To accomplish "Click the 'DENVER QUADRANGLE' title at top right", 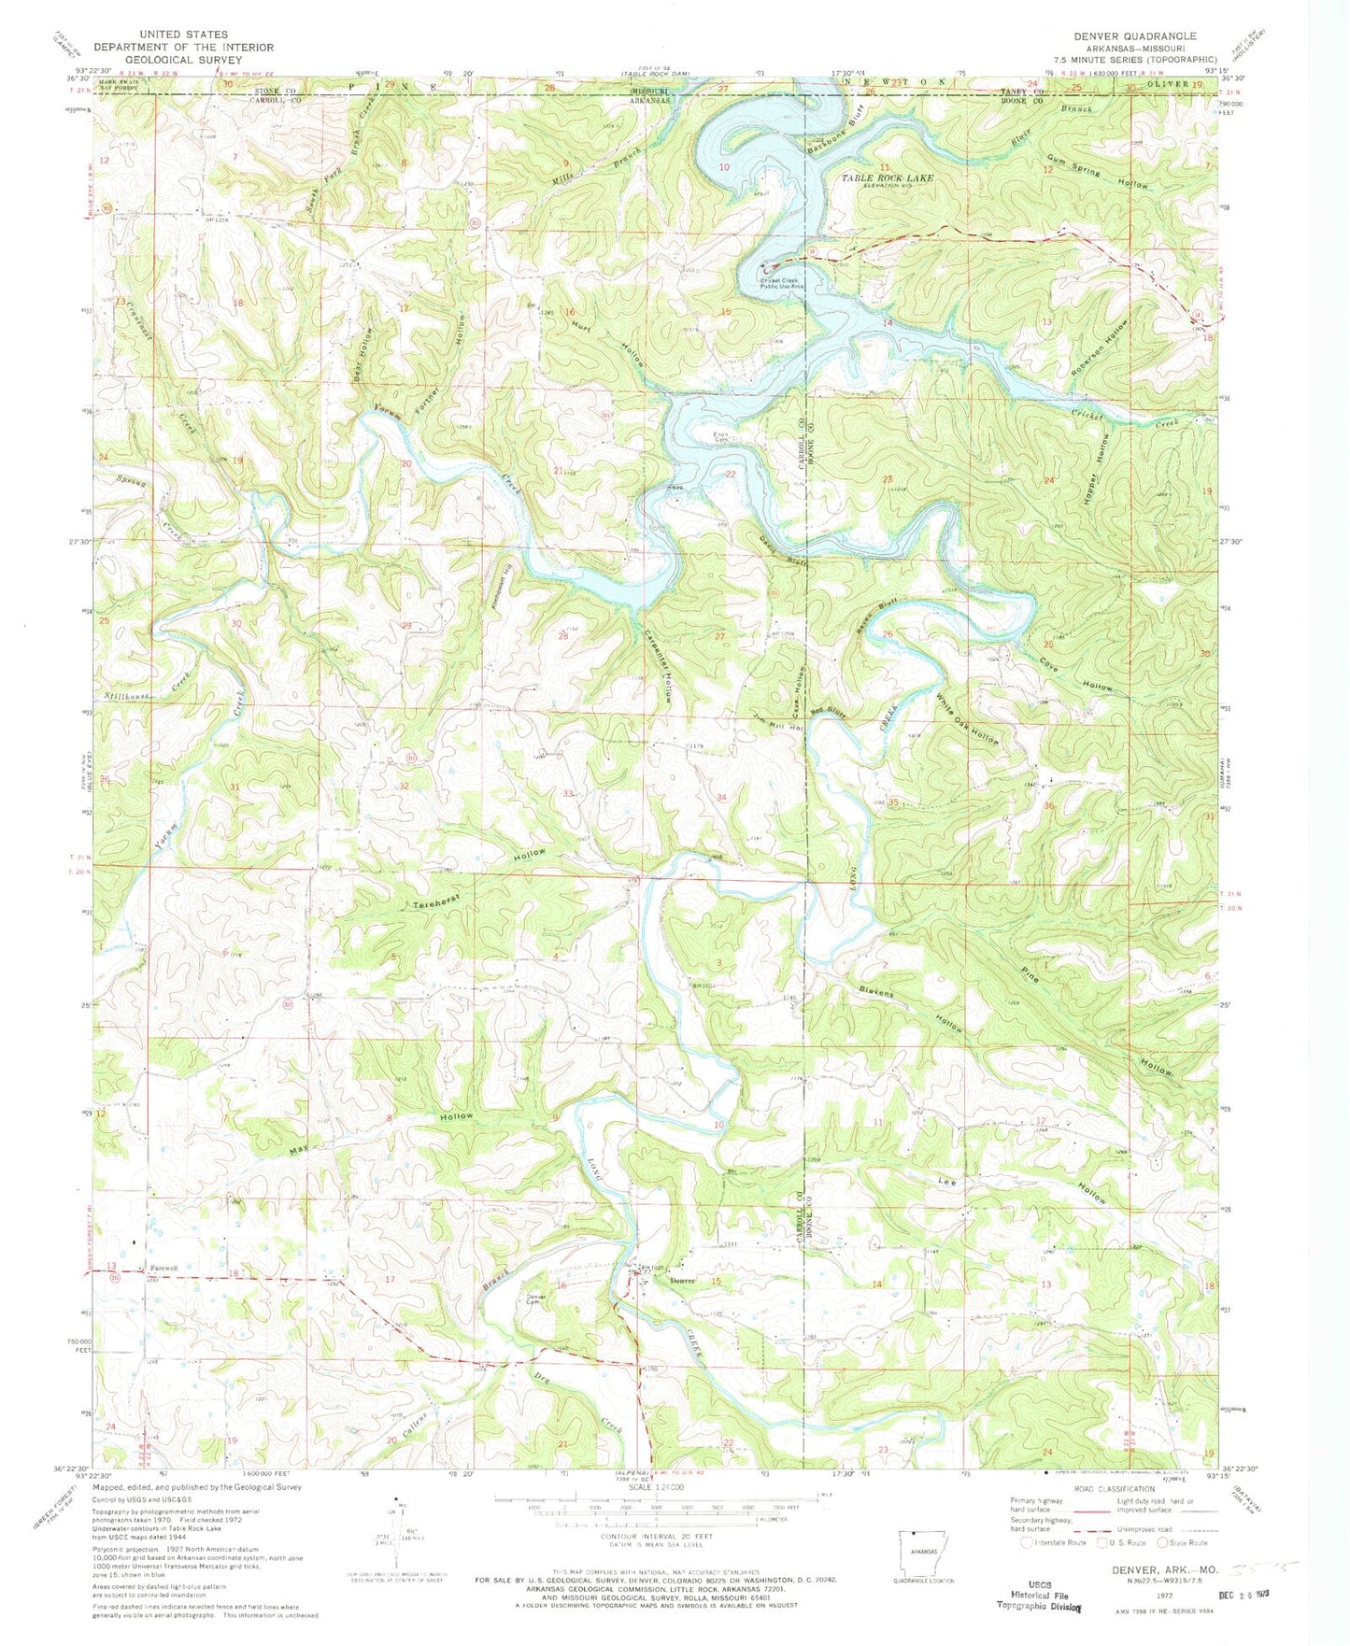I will click(1134, 35).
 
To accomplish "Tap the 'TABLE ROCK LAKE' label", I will click(887, 177).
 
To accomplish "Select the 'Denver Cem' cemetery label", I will click(536, 1299).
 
